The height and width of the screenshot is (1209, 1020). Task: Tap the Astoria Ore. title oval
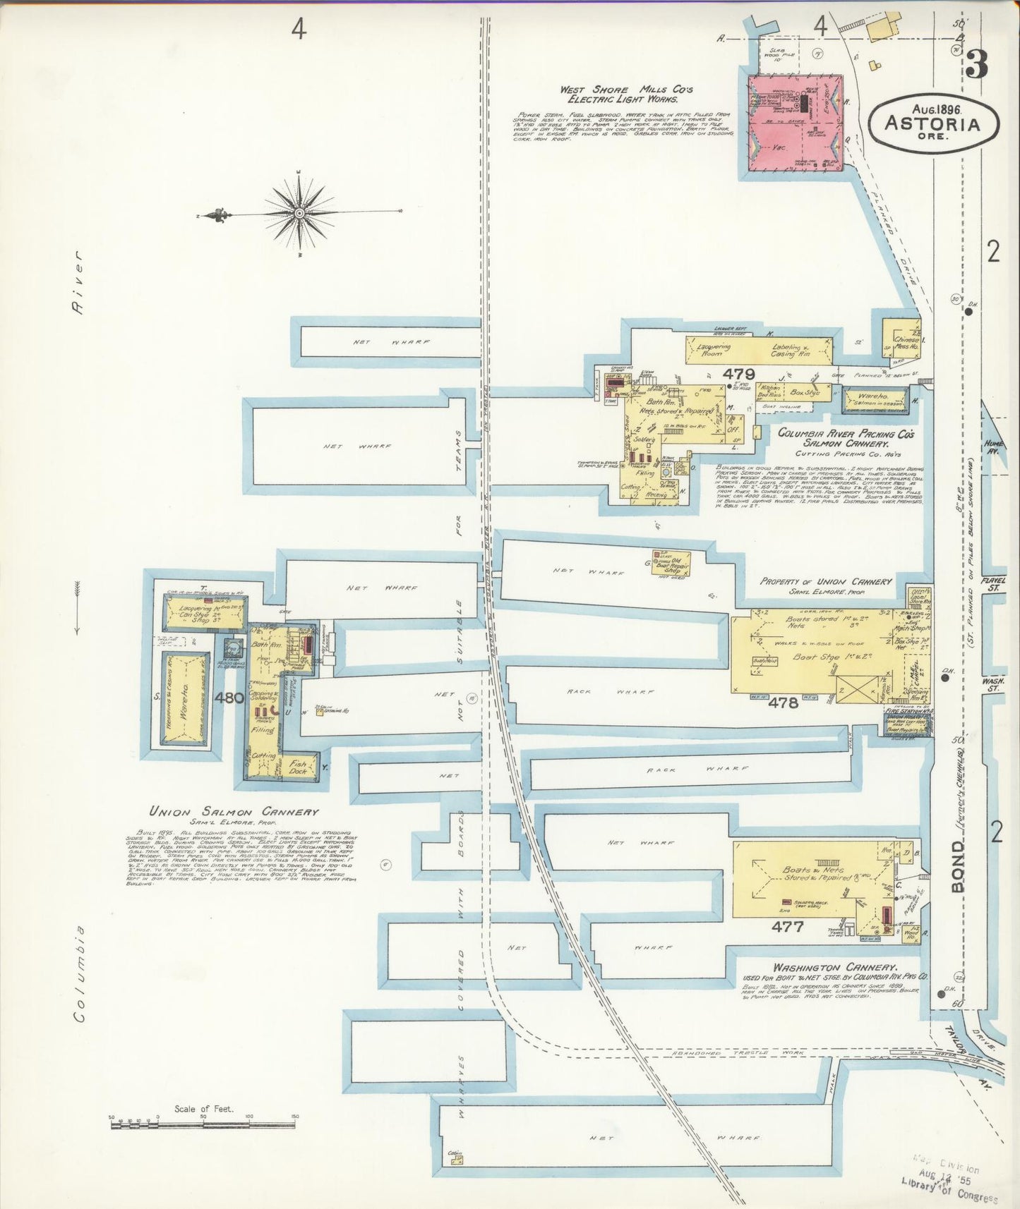click(x=933, y=123)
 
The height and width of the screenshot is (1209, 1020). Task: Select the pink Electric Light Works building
click(x=795, y=123)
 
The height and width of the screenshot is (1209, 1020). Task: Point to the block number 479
click(x=738, y=374)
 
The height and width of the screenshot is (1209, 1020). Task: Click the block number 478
click(x=783, y=703)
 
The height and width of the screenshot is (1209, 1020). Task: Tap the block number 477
click(x=787, y=927)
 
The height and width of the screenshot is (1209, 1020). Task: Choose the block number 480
click(x=229, y=698)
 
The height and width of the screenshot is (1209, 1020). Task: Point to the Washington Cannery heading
click(x=835, y=967)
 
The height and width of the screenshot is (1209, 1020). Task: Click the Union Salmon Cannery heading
click(x=234, y=811)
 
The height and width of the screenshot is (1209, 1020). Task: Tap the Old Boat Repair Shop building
click(x=671, y=562)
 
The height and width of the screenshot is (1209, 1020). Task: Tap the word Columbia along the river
click(x=80, y=973)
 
